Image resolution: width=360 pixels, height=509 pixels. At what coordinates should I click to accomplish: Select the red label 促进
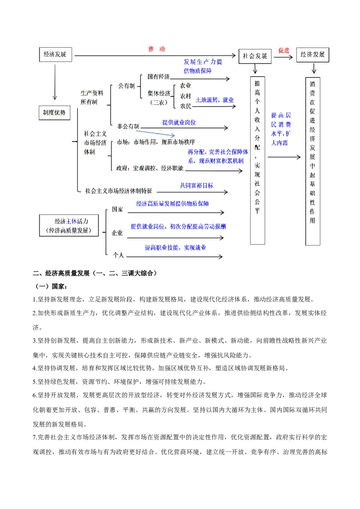tap(284, 50)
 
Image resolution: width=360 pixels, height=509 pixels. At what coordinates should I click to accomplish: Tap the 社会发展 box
tap(255, 56)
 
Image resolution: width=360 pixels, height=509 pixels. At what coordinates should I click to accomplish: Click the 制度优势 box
tap(54, 113)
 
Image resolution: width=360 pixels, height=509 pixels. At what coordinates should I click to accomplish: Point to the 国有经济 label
tap(158, 76)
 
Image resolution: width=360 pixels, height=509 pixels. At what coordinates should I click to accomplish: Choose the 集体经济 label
tap(158, 94)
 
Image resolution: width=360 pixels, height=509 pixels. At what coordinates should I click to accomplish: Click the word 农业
tap(185, 85)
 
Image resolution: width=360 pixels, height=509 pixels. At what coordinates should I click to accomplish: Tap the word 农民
tap(185, 106)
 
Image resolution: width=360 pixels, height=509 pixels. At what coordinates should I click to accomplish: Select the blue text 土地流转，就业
tap(215, 100)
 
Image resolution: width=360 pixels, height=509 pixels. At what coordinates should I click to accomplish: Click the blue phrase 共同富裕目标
tap(197, 185)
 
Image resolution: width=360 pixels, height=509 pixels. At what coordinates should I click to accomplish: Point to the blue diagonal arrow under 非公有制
tap(155, 133)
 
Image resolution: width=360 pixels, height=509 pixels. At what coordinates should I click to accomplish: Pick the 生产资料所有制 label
tap(92, 98)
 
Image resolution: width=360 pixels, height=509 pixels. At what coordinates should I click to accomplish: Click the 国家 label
tap(117, 210)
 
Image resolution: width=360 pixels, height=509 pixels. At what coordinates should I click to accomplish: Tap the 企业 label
tap(117, 233)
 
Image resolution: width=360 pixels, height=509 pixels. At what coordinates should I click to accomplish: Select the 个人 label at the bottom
tap(118, 255)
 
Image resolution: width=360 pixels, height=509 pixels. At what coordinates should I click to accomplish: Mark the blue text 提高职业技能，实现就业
tap(175, 248)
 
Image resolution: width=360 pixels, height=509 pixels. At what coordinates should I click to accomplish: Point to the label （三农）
tap(158, 103)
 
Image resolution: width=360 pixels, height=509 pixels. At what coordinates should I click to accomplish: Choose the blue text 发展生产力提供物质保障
tap(202, 66)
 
